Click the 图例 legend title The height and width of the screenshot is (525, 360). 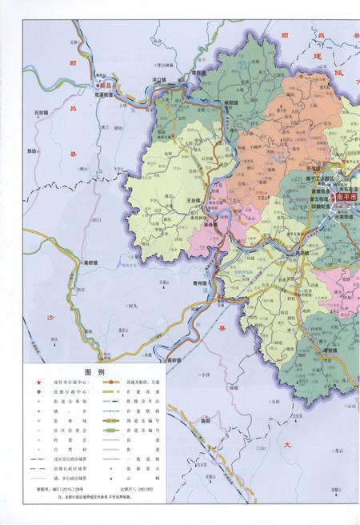click(95, 371)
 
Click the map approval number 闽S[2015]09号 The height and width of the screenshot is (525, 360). click(55, 488)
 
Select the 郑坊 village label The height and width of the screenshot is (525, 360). click(33, 150)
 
